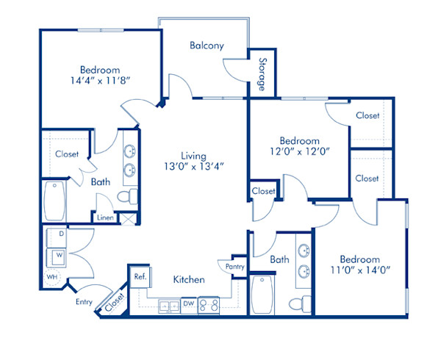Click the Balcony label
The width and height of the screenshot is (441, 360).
coord(207,46)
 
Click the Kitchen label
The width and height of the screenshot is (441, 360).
coord(189,280)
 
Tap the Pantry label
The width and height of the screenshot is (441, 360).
coord(234,267)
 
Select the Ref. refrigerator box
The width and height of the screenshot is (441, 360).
coord(139,277)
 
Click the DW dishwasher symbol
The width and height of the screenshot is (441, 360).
coord(188,303)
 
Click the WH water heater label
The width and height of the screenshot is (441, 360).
coord(52,276)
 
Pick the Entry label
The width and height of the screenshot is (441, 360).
coord(84,301)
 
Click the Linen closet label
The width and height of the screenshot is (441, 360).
coord(104,217)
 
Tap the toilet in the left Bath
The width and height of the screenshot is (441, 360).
coord(129,196)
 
